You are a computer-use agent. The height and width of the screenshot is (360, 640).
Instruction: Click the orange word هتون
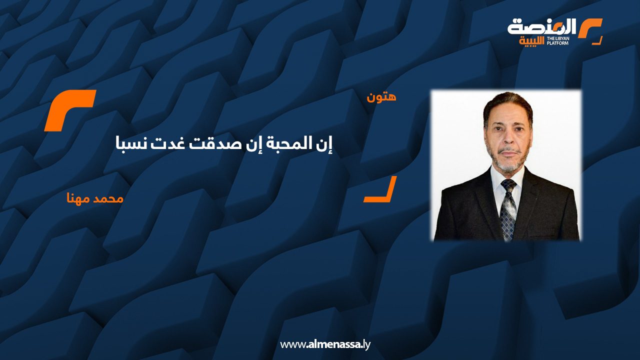point(381,97)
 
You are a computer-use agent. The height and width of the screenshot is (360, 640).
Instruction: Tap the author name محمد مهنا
point(95,198)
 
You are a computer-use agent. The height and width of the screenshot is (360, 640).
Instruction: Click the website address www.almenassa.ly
point(325,344)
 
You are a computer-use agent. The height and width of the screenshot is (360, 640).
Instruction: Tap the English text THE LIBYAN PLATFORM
point(557,41)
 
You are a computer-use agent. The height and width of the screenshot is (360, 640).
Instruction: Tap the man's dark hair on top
point(508,100)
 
